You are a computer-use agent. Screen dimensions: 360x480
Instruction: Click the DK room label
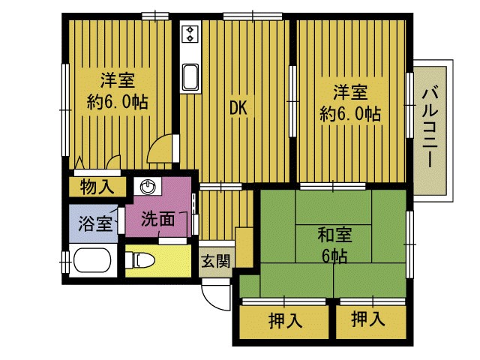coord(238,108)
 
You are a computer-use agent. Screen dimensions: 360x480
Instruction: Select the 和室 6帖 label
coord(333,245)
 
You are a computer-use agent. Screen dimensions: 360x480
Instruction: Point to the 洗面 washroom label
coord(158,219)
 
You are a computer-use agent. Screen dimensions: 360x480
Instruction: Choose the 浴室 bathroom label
coord(94,223)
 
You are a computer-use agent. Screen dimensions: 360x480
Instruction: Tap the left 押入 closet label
coord(284,321)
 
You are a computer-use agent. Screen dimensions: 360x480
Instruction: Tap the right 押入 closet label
coord(367,319)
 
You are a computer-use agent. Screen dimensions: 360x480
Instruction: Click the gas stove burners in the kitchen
coord(190,34)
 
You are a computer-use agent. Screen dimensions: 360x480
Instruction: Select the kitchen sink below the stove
coord(190,77)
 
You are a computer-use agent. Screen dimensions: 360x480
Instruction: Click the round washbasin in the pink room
coord(147,187)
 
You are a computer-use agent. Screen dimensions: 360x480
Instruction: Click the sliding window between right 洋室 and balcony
coord(410,105)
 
